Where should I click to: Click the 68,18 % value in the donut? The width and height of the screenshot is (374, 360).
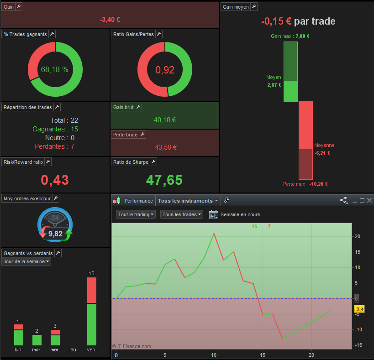click(x=55, y=69)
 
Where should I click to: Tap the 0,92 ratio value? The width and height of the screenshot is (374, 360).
click(x=165, y=70)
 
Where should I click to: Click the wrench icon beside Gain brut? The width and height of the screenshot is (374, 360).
click(x=138, y=107)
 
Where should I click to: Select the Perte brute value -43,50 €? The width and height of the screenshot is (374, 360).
click(x=164, y=147)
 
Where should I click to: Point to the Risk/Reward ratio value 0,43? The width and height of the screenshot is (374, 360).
click(x=55, y=180)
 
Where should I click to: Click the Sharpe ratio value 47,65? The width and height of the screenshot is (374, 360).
click(x=164, y=180)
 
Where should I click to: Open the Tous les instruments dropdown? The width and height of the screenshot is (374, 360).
click(x=188, y=201)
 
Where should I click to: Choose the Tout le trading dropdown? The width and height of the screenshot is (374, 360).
click(x=136, y=214)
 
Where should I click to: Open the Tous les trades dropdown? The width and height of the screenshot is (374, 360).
click(x=181, y=214)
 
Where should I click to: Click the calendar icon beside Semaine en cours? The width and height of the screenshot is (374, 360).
click(x=213, y=214)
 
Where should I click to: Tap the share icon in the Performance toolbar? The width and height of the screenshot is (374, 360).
click(x=344, y=200)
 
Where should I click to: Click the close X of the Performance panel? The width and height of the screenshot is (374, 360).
click(x=369, y=200)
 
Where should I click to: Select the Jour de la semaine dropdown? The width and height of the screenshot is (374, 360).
click(x=26, y=261)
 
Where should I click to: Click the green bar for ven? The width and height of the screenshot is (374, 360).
click(x=92, y=324)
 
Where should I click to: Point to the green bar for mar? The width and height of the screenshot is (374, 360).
click(x=37, y=340)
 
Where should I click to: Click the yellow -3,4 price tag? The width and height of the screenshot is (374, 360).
click(x=359, y=309)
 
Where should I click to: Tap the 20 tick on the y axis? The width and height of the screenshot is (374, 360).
click(x=357, y=236)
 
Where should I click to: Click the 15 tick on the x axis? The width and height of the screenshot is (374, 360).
click(x=263, y=355)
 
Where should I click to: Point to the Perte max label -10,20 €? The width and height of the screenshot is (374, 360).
click(x=306, y=184)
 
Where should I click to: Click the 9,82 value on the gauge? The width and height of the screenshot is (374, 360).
click(x=55, y=234)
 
